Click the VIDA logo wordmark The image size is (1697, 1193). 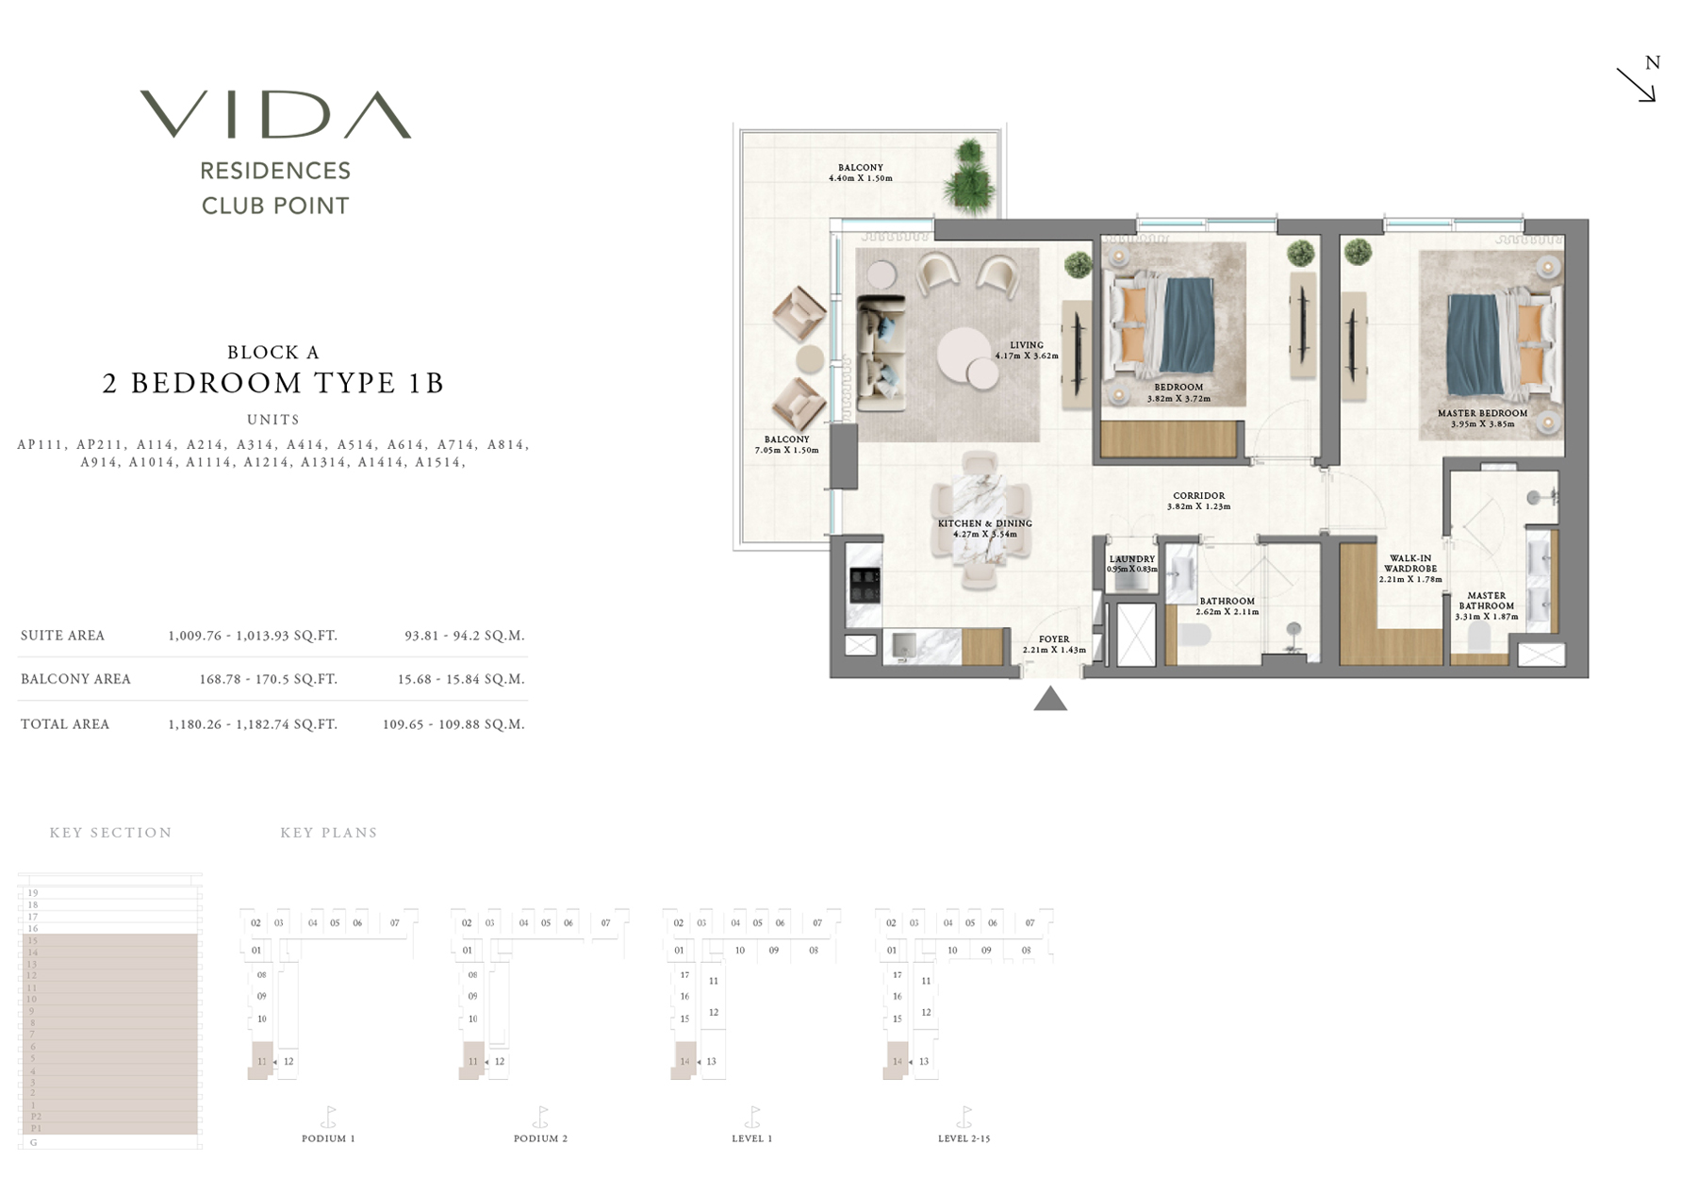[x=275, y=115]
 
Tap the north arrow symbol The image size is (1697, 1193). [x=1637, y=84]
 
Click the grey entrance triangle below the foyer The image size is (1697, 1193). [x=1050, y=699]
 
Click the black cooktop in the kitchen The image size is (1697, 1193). [x=865, y=585]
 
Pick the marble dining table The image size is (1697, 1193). [x=980, y=520]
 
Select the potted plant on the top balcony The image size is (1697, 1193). [x=968, y=178]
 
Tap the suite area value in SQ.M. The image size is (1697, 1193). [x=464, y=636]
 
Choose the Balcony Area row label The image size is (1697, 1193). [x=75, y=679]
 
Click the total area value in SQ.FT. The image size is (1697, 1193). [x=253, y=724]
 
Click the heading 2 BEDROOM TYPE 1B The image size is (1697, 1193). [x=273, y=382]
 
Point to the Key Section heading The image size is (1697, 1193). [x=111, y=833]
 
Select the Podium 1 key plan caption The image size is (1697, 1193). [x=328, y=1138]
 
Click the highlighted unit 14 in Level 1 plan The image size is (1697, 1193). [x=685, y=1061]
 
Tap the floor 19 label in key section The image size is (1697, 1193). [x=33, y=892]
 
